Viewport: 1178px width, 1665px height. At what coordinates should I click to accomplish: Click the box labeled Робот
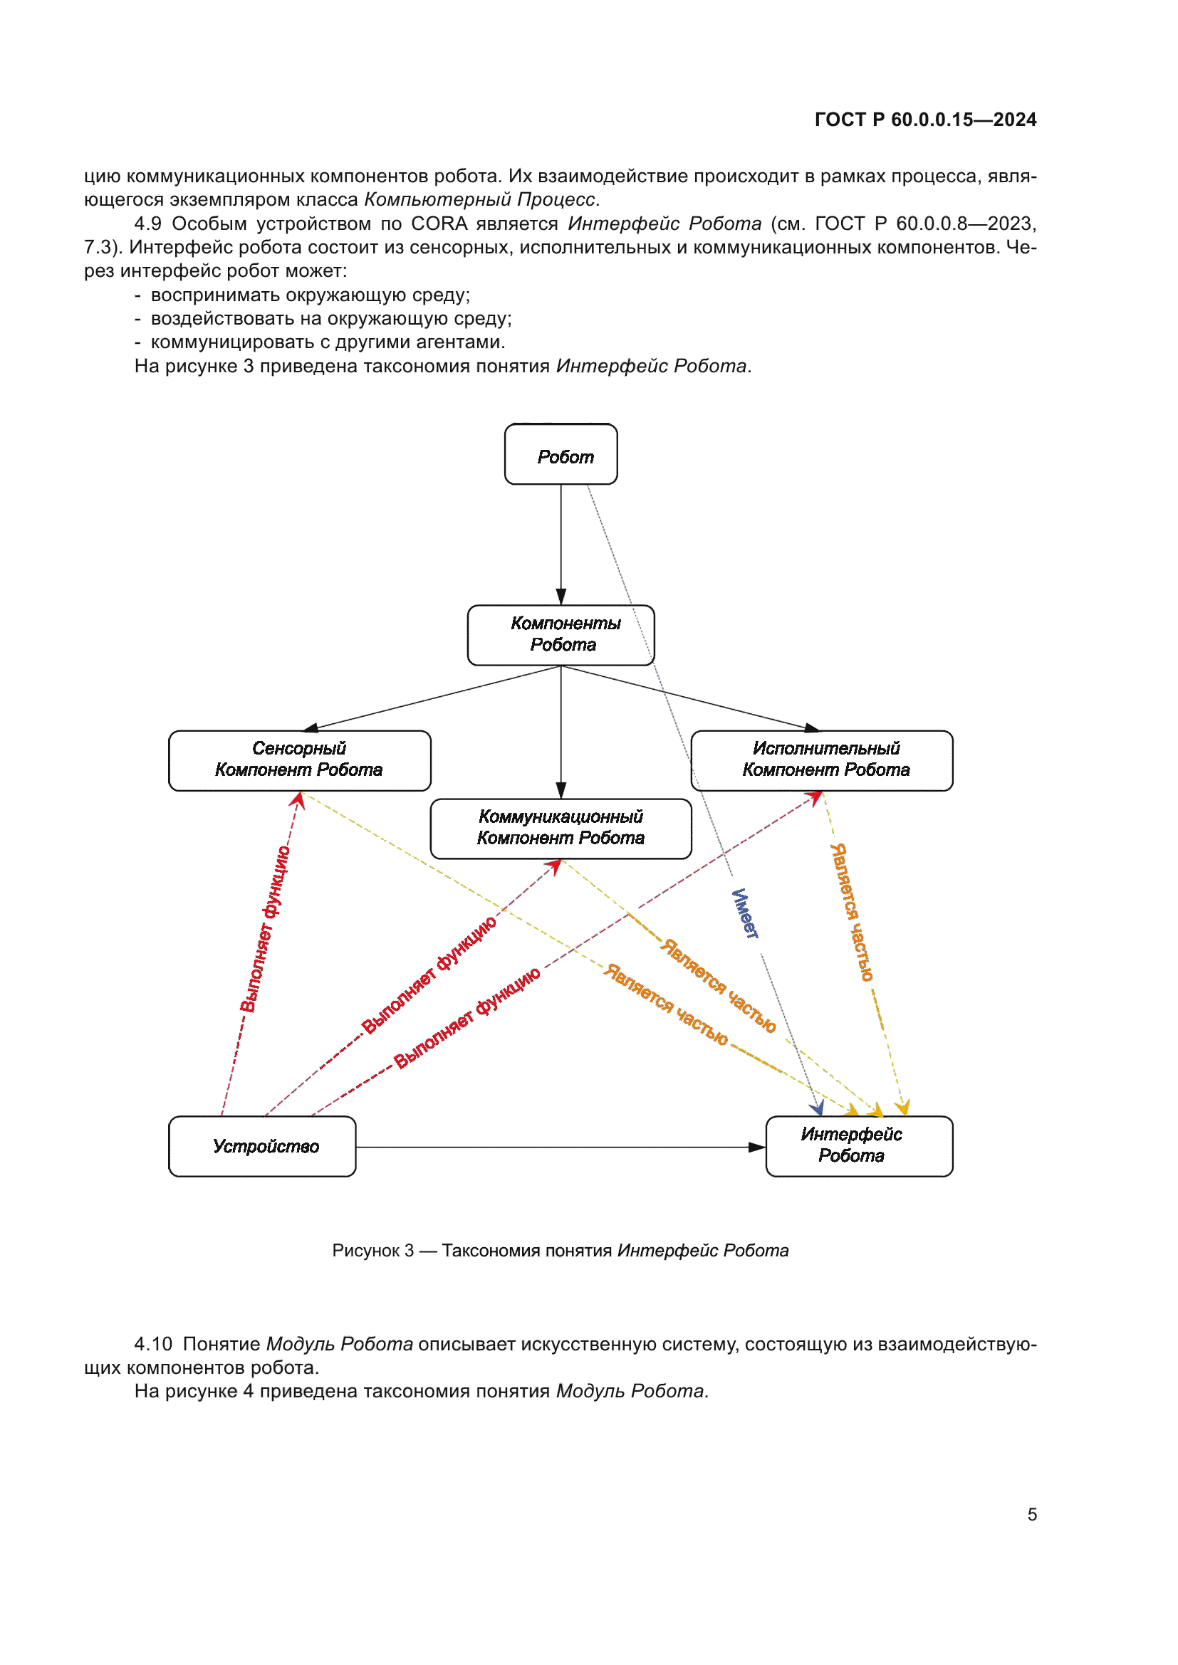click(561, 455)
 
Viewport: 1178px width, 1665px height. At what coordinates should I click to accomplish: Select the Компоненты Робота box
click(561, 635)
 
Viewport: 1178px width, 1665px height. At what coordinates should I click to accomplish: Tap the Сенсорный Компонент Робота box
click(299, 760)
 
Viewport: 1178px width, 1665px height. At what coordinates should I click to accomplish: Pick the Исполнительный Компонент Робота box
click(822, 760)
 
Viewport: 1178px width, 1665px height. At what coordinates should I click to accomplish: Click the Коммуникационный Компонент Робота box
click(561, 828)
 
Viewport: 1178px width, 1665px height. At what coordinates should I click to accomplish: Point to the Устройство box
click(262, 1146)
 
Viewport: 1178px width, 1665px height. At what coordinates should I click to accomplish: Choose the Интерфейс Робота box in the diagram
click(859, 1146)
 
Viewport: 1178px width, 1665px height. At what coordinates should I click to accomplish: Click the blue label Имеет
click(744, 913)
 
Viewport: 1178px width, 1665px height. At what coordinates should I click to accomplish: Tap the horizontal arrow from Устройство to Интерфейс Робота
click(558, 1147)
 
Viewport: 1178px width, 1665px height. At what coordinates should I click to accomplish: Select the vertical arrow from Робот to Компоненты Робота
click(561, 544)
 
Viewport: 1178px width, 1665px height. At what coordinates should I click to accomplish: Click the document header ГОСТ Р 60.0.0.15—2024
click(925, 120)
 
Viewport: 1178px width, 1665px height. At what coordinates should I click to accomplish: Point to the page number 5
click(1031, 1514)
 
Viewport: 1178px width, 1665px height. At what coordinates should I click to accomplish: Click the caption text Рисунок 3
click(372, 1250)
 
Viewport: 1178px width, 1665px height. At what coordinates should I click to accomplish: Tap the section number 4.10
click(153, 1344)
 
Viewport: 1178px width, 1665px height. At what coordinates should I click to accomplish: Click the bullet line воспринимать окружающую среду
click(310, 295)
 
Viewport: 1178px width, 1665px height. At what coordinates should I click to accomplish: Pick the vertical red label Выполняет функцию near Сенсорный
click(265, 928)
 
